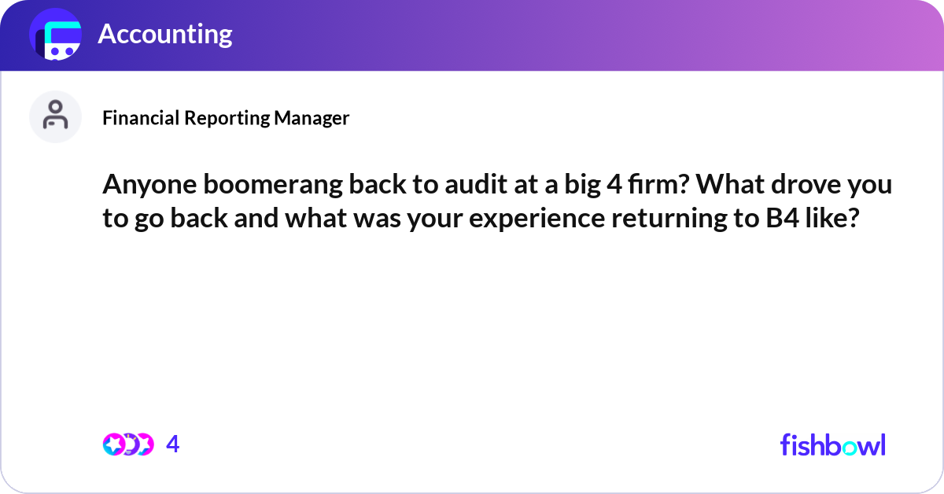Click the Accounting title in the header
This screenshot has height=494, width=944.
click(x=164, y=34)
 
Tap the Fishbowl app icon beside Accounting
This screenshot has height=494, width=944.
click(x=55, y=35)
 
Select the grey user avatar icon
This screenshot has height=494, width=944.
click(x=55, y=116)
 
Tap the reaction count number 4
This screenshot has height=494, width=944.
click(x=173, y=444)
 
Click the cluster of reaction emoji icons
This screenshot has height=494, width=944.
click(x=128, y=444)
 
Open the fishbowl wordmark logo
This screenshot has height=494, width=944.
click(x=832, y=444)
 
